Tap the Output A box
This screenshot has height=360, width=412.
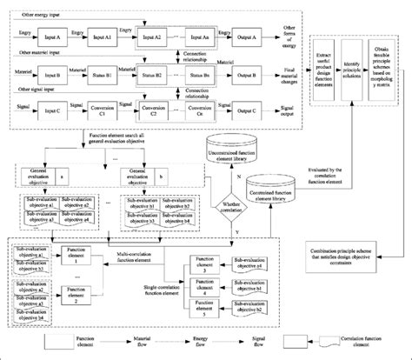coord(260,39)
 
